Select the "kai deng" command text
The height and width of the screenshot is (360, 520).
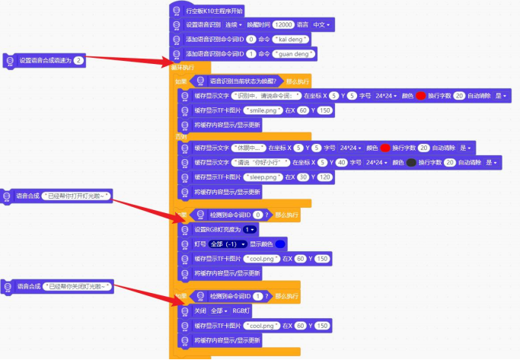point(286,40)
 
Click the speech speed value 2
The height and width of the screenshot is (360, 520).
point(79,60)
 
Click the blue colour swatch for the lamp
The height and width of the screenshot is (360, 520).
point(281,244)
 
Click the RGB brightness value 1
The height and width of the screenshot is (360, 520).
point(250,229)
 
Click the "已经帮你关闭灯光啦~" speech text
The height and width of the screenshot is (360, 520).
point(78,286)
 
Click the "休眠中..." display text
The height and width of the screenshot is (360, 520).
point(250,148)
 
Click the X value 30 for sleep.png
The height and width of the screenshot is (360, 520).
point(303,177)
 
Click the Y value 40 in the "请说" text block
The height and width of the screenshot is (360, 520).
point(341,162)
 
